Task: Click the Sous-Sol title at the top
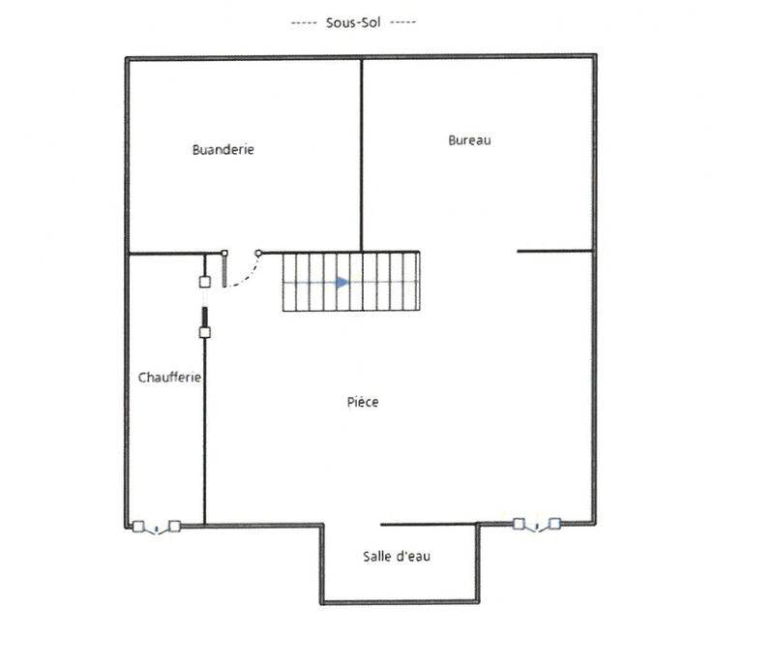click(x=352, y=20)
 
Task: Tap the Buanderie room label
click(x=223, y=150)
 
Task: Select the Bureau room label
click(x=469, y=140)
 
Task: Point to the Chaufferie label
click(x=169, y=378)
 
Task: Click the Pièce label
click(x=363, y=403)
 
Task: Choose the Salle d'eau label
click(x=397, y=556)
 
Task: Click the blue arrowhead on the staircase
click(x=342, y=283)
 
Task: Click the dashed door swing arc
click(x=244, y=276)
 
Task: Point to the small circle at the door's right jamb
click(x=258, y=254)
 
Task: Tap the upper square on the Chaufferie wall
click(x=204, y=282)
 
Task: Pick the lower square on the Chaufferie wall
click(x=204, y=332)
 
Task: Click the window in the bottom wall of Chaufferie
click(x=156, y=527)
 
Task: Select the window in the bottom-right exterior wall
click(x=536, y=524)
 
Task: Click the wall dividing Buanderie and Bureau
click(x=362, y=155)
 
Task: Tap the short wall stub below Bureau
click(x=553, y=251)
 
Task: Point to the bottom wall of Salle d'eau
click(x=399, y=602)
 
